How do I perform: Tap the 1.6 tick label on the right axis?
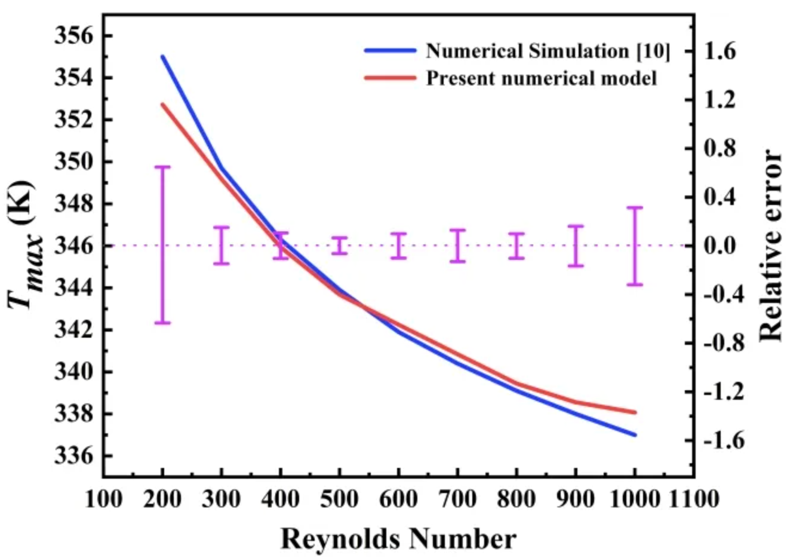pyautogui.click(x=722, y=52)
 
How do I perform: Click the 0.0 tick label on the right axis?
pyautogui.click(x=722, y=246)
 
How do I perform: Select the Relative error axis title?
pyautogui.click(x=770, y=246)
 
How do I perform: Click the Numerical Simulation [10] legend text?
pyautogui.click(x=548, y=51)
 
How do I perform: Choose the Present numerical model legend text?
pyautogui.click(x=541, y=78)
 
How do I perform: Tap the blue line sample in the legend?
pyautogui.click(x=390, y=51)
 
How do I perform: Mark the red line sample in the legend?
pyautogui.click(x=390, y=78)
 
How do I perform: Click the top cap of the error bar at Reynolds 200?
pyautogui.click(x=162, y=167)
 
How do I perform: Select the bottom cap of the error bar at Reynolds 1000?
pyautogui.click(x=635, y=284)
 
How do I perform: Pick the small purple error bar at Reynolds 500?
pyautogui.click(x=340, y=246)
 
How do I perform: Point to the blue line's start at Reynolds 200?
pyautogui.click(x=162, y=57)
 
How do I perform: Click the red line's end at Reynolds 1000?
pyautogui.click(x=635, y=412)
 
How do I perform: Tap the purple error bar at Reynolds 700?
pyautogui.click(x=458, y=246)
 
